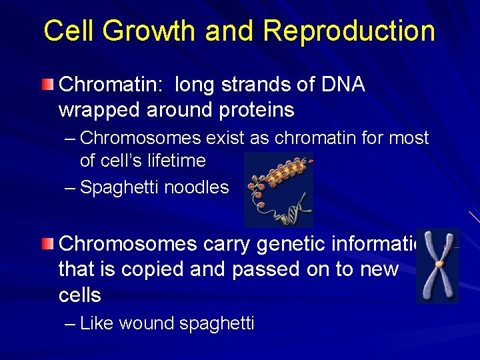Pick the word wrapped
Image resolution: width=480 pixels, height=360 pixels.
click(97, 109)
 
